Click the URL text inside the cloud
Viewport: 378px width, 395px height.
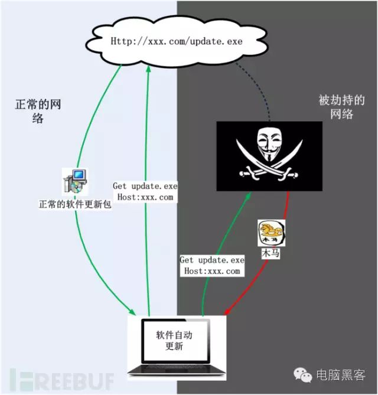pyautogui.click(x=177, y=41)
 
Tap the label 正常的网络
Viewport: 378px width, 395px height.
pyautogui.click(x=38, y=111)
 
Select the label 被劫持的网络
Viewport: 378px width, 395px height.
pyautogui.click(x=342, y=107)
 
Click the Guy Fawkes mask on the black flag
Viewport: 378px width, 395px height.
pyautogui.click(x=270, y=143)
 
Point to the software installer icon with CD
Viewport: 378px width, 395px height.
pyautogui.click(x=75, y=181)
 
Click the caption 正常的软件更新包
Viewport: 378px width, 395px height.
pyautogui.click(x=75, y=204)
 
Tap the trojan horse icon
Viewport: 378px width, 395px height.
pyautogui.click(x=272, y=233)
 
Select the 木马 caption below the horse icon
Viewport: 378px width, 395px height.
pyautogui.click(x=271, y=253)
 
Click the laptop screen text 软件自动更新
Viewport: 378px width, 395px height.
pyautogui.click(x=174, y=340)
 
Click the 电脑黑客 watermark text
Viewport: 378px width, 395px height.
pyautogui.click(x=341, y=375)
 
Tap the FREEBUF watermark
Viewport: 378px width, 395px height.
pyautogui.click(x=62, y=379)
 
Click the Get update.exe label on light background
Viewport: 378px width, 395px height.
pyautogui.click(x=145, y=191)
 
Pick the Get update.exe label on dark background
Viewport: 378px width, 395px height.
pyautogui.click(x=212, y=266)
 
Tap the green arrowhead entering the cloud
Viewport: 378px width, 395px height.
pyautogui.click(x=148, y=70)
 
